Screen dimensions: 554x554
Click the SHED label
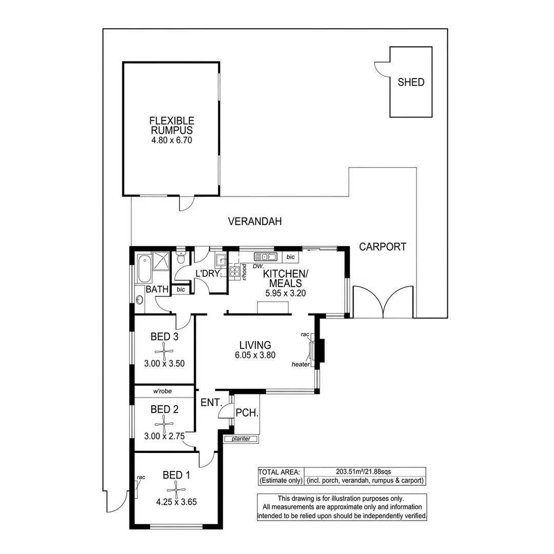(411, 82)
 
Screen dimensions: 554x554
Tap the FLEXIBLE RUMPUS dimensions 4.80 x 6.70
(171, 140)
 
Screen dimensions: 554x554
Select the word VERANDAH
(255, 222)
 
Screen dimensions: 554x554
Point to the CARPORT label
(382, 247)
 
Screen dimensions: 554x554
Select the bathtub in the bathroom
(143, 268)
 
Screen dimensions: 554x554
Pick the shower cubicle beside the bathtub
(161, 261)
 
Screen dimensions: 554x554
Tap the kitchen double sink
(265, 256)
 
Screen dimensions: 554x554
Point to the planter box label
(241, 439)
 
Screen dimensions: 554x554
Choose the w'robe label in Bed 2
(162, 391)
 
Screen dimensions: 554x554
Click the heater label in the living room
(300, 364)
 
